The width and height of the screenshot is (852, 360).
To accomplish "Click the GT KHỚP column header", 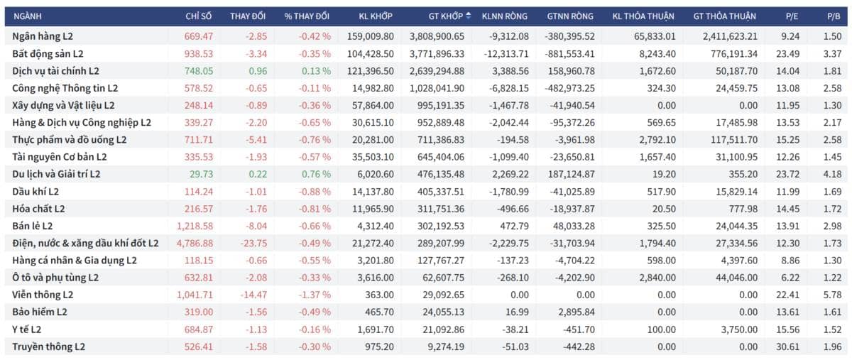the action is click(445, 16).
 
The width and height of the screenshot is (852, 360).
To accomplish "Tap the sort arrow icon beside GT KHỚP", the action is click(468, 16).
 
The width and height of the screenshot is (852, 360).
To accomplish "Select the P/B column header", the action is click(834, 16).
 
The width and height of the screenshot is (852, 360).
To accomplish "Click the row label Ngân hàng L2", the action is click(43, 36).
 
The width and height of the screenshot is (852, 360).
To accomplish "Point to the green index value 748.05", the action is click(199, 71).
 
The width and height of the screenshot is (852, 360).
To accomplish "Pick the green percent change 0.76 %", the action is click(316, 174).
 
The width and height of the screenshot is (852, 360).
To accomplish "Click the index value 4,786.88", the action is click(195, 243).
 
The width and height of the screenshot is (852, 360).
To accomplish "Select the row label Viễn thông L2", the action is click(43, 295).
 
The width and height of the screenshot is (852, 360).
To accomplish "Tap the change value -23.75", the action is click(253, 243).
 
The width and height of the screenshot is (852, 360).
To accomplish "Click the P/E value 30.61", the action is click(787, 347).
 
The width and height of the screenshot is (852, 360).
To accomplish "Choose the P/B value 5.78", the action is click(832, 295).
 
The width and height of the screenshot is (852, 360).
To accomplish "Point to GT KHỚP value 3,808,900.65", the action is click(437, 36).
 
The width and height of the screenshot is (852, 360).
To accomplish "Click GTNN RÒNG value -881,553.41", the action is click(569, 54).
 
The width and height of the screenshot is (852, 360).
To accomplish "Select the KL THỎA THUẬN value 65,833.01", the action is click(655, 36).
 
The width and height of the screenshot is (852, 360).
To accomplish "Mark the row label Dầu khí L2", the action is click(35, 192).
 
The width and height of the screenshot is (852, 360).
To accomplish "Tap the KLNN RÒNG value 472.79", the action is click(514, 226).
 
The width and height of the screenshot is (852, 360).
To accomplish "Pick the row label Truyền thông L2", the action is click(49, 347).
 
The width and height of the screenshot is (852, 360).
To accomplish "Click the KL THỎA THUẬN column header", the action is click(643, 16).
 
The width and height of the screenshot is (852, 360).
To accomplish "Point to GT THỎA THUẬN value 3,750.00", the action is click(739, 329).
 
